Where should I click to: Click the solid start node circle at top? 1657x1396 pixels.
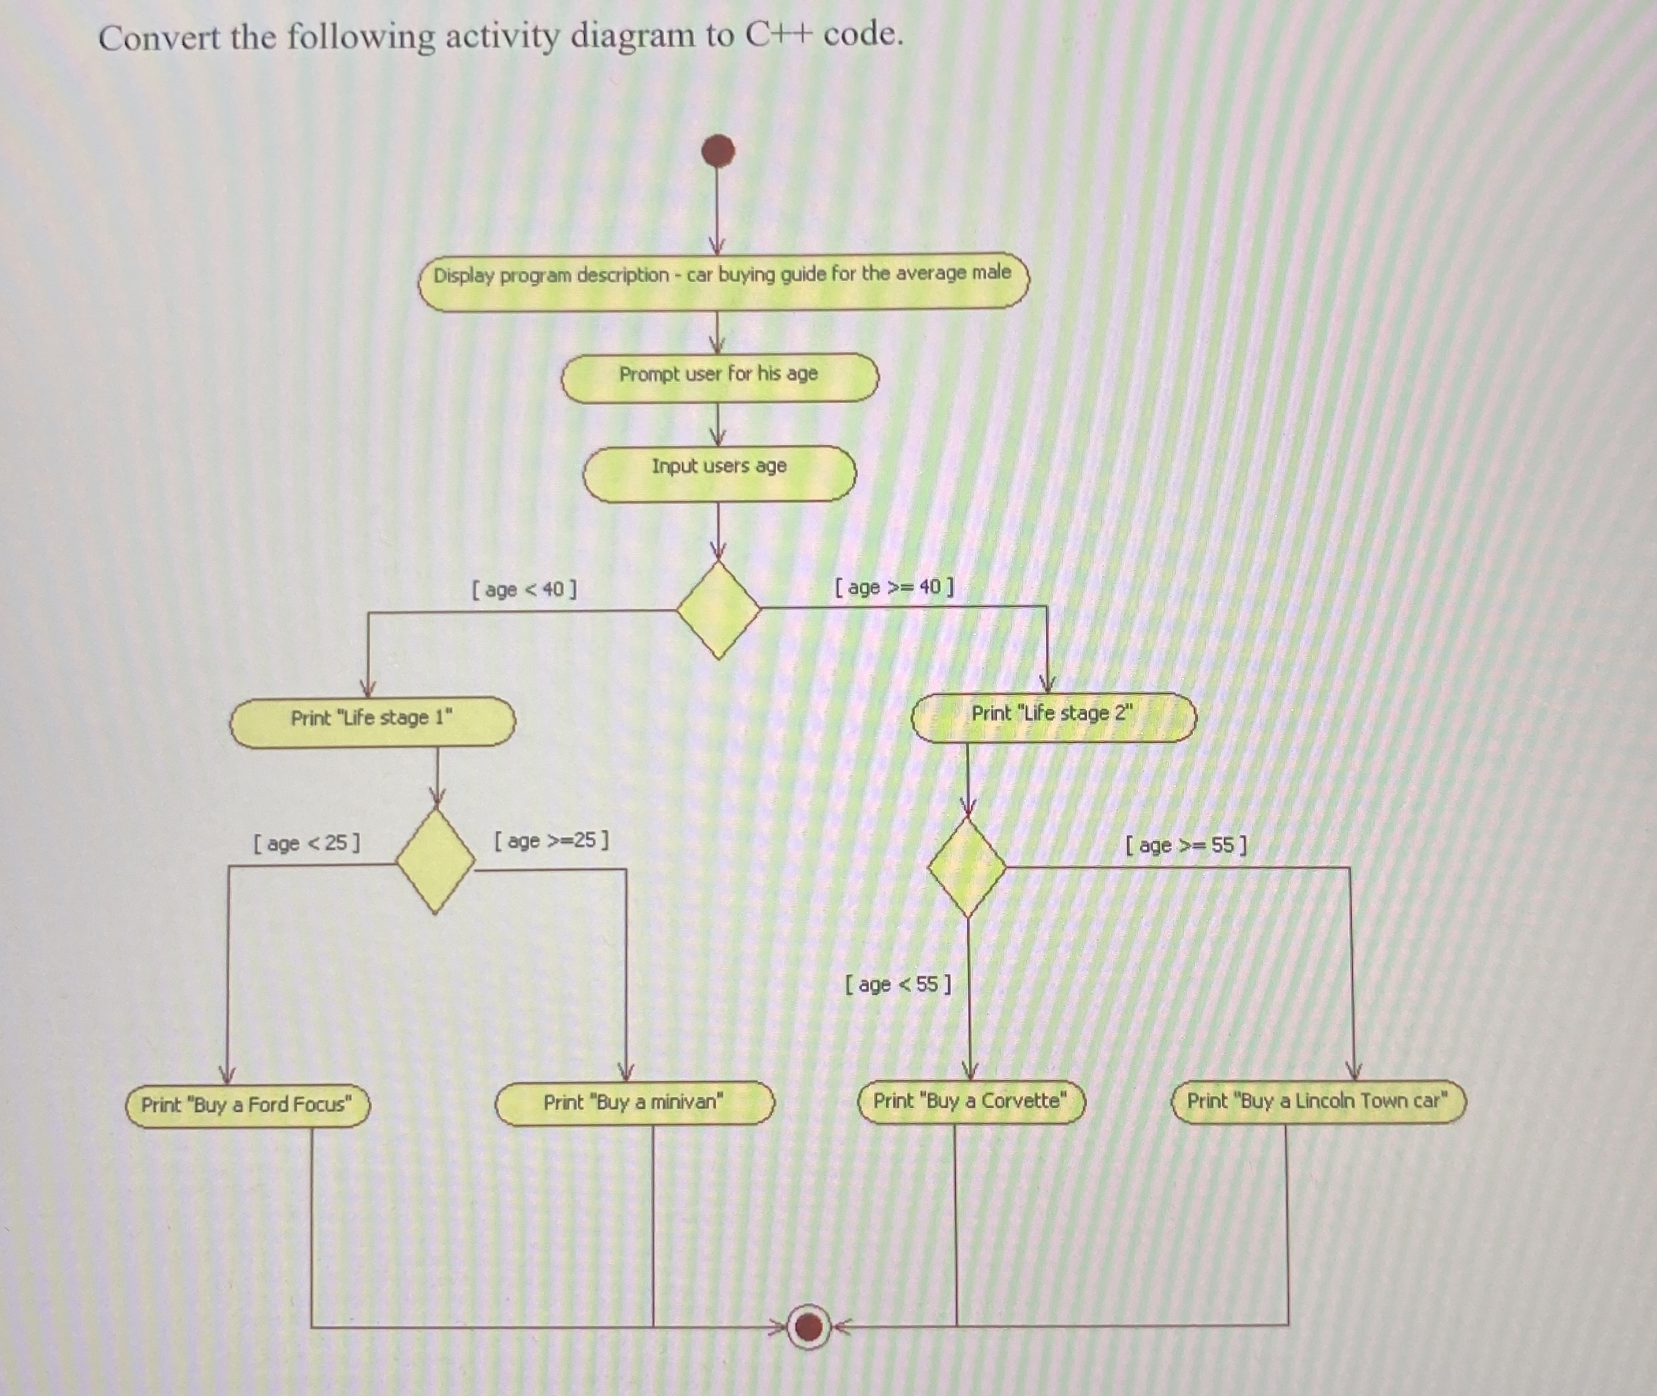pos(718,150)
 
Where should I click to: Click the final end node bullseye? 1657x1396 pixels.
pos(808,1326)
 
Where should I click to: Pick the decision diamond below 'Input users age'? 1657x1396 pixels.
pos(718,609)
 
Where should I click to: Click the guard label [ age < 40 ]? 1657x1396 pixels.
pos(524,590)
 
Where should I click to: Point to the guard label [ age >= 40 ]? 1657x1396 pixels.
pos(894,587)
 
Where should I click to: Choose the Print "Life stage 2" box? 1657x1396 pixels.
pos(1053,716)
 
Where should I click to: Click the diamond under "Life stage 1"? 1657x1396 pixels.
pos(435,860)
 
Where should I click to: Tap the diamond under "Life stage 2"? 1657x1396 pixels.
pos(966,867)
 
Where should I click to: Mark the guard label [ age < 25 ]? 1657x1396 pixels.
pos(306,843)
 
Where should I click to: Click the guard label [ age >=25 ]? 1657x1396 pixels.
pos(551,840)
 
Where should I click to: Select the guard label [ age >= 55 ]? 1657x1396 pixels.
pos(1185,845)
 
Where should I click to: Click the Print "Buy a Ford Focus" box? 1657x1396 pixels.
pos(247,1105)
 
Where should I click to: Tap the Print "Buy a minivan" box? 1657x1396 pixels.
pos(634,1103)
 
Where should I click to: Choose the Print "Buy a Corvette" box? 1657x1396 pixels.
pos(970,1101)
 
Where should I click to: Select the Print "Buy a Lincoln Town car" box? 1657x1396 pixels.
pos(1317,1101)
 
